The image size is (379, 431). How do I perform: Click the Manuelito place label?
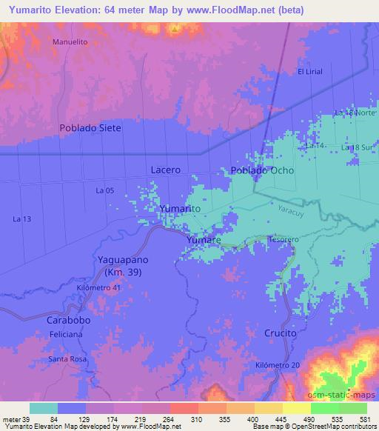70,42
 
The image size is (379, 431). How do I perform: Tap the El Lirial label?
311,72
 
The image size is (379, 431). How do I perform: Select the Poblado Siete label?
90,128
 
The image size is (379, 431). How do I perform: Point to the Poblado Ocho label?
262,170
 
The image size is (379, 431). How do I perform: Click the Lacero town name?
165,170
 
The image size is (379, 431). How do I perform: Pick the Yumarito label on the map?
181,210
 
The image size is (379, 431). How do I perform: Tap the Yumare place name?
202,241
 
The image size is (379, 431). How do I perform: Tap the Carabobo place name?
69,322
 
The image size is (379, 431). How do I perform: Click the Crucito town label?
280,333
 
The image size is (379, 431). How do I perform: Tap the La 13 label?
23,218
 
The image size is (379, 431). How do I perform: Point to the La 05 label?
104,190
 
